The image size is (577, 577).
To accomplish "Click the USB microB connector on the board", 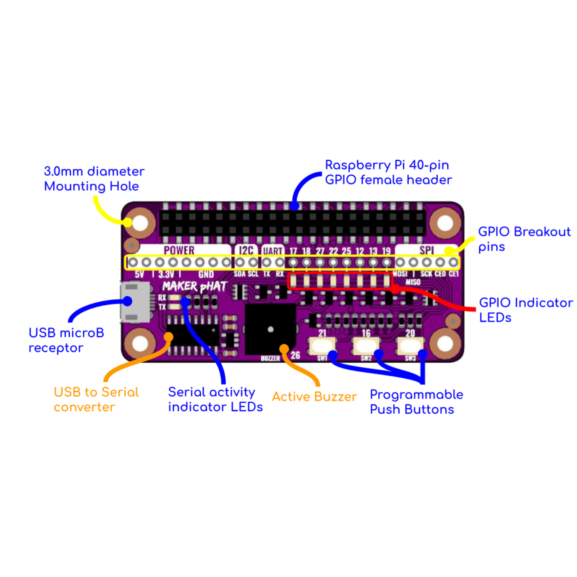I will pyautogui.click(x=135, y=302).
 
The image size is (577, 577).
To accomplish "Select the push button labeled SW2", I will pyautogui.click(x=366, y=345).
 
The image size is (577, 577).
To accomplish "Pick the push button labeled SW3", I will pyautogui.click(x=410, y=345).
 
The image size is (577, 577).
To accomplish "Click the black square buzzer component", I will pyautogui.click(x=270, y=329).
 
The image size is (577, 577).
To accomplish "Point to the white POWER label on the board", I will pyautogui.click(x=179, y=250).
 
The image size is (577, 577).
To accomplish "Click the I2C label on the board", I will pyautogui.click(x=246, y=250).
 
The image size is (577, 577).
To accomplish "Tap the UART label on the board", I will pyautogui.click(x=272, y=251).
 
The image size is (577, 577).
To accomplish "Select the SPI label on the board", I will pyautogui.click(x=427, y=250).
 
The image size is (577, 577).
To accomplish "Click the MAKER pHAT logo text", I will pyautogui.click(x=194, y=286).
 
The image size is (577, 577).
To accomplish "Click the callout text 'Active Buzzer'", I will pyautogui.click(x=314, y=396).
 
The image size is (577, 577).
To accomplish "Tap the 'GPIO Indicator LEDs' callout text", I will pyautogui.click(x=525, y=310).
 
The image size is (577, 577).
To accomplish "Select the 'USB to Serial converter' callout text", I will pyautogui.click(x=96, y=399).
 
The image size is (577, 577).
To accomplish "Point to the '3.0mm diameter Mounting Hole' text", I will pyautogui.click(x=94, y=179).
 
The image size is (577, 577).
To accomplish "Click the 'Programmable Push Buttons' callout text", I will pyautogui.click(x=416, y=402).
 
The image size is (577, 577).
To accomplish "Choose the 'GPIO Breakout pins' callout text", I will pyautogui.click(x=524, y=239).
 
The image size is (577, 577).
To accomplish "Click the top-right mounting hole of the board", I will pyautogui.click(x=445, y=223).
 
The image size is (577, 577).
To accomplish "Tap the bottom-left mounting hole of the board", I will pyautogui.click(x=140, y=343).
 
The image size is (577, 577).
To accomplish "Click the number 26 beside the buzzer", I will pyautogui.click(x=295, y=355).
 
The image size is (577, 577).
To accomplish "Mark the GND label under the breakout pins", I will pyautogui.click(x=206, y=274).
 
